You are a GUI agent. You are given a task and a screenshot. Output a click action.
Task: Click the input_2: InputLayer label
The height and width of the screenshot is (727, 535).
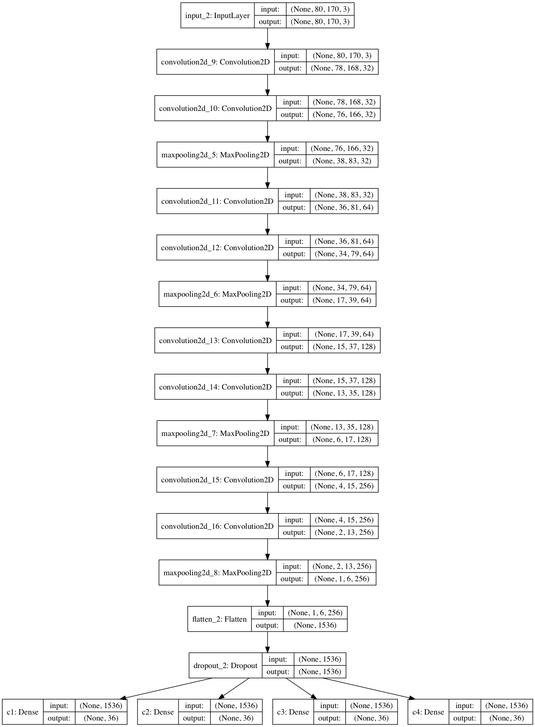(x=217, y=16)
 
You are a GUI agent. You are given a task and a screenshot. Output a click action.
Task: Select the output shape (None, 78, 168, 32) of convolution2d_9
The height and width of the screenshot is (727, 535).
(x=342, y=68)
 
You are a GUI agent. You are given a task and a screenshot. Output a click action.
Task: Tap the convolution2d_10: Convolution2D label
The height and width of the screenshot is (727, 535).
(x=215, y=108)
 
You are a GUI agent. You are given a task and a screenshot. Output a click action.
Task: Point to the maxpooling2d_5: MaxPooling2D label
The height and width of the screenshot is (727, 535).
(x=215, y=155)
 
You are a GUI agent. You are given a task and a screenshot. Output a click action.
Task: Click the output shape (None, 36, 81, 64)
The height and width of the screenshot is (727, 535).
(x=344, y=207)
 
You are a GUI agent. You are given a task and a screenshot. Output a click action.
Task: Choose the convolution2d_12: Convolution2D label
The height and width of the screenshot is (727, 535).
(x=217, y=248)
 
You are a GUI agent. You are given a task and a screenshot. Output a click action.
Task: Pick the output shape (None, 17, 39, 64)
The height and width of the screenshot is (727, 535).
(x=342, y=300)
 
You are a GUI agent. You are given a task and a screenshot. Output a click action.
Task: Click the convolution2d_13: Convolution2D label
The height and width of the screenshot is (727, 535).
(x=215, y=340)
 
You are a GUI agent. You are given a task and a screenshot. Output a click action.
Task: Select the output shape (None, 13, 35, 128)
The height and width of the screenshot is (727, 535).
(x=344, y=393)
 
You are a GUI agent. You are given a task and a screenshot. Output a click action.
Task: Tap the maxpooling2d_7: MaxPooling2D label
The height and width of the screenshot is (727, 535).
(x=215, y=433)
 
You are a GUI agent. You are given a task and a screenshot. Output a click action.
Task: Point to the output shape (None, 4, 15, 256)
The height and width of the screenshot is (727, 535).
(x=344, y=486)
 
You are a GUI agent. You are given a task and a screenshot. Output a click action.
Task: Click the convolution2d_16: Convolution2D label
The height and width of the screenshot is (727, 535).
(x=217, y=526)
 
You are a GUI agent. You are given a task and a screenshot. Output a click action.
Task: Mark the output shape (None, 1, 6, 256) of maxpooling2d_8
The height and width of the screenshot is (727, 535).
(x=342, y=579)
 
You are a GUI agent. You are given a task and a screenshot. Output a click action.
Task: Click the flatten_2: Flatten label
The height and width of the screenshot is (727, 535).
(x=219, y=619)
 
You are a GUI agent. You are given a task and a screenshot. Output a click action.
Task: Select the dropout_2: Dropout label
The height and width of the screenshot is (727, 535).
(x=225, y=666)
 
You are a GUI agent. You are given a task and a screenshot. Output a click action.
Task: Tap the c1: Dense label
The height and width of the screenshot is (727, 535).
(x=23, y=712)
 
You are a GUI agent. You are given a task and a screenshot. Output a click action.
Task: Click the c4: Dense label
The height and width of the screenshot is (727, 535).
(x=428, y=712)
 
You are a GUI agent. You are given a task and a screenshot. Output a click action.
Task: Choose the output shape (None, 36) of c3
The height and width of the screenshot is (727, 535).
(x=371, y=718)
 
